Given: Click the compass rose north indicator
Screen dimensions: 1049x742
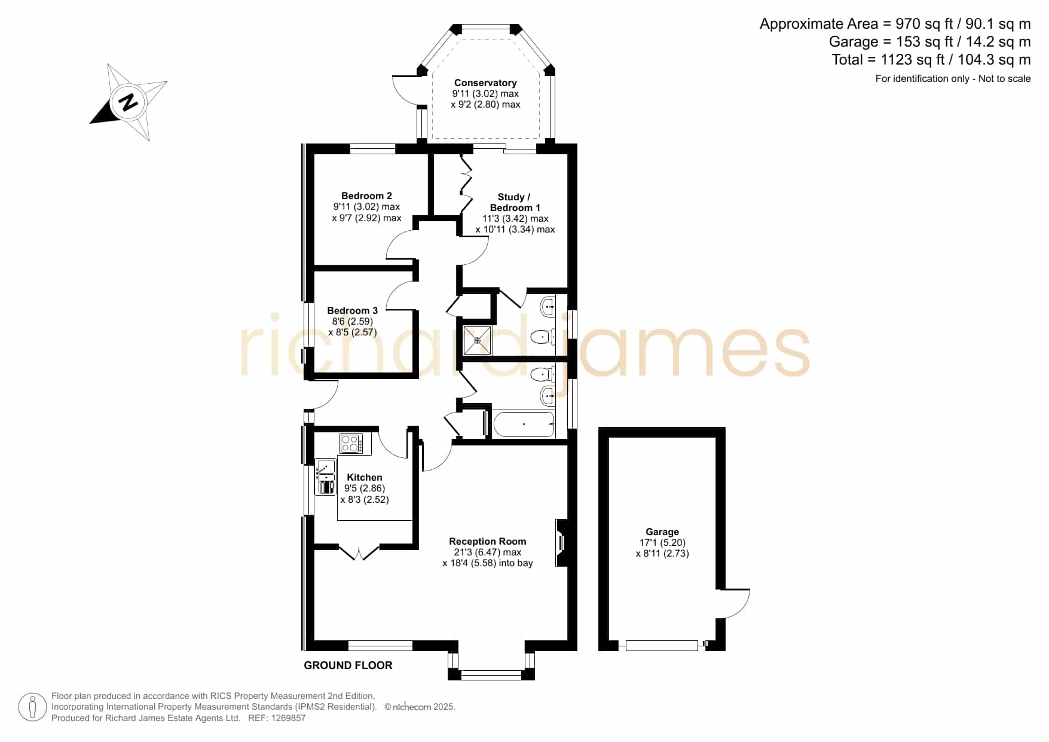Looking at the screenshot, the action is (x=128, y=102).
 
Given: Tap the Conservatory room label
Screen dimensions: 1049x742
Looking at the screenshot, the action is (x=485, y=83).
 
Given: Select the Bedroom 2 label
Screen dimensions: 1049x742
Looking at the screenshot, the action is (x=366, y=196).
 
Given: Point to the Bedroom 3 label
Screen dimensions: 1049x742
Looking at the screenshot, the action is (x=352, y=311).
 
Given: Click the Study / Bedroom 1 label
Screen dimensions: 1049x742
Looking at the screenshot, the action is (x=515, y=202).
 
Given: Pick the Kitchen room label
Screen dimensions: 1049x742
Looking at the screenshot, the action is (x=364, y=477).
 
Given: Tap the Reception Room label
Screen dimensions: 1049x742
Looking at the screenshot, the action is (x=487, y=542).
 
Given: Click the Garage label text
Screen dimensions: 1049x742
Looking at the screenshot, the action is (x=662, y=532).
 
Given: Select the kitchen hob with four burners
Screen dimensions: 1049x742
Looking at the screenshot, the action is (x=351, y=444).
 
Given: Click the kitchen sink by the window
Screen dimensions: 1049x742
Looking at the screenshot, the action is (x=326, y=477).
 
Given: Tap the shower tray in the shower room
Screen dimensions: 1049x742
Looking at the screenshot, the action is (x=478, y=341).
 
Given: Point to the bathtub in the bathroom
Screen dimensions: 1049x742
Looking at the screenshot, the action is (x=524, y=424).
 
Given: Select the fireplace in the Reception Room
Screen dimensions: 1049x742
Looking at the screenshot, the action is (x=561, y=542).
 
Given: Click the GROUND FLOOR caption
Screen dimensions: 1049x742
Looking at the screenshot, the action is (x=348, y=665).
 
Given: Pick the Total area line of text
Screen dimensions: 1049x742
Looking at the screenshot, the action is (x=931, y=60).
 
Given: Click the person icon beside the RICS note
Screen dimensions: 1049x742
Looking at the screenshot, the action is (x=32, y=707).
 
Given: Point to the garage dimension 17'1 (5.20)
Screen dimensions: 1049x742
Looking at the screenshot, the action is (x=662, y=543).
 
